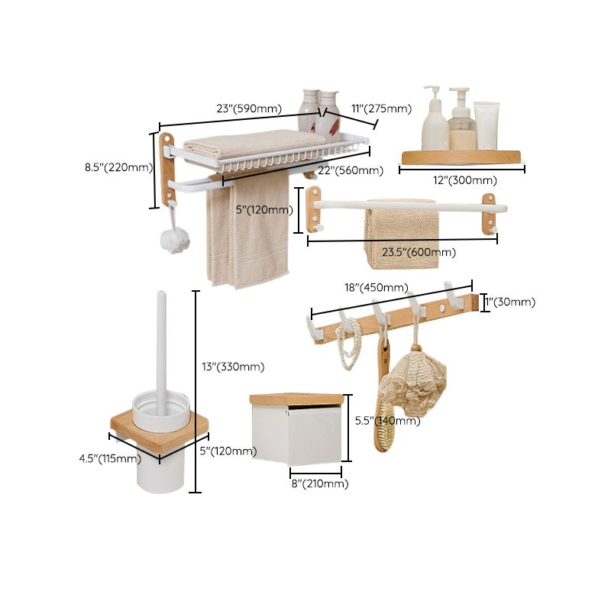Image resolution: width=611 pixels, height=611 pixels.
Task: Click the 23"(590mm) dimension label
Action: (248, 108)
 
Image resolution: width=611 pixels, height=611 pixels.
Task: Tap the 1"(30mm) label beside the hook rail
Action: (510, 302)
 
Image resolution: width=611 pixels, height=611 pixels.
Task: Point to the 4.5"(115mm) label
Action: (110, 458)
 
